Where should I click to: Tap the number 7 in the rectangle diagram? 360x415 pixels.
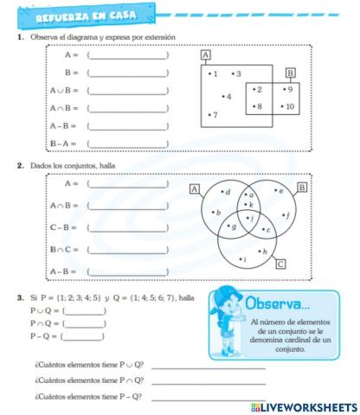215,115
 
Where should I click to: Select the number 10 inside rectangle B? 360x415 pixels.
290,106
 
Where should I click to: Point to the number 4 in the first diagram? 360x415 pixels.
228,96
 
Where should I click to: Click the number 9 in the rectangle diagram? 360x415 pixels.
290,88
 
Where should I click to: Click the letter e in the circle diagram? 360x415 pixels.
279,189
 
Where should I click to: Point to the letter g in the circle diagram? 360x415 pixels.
231,226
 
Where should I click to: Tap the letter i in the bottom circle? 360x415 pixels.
245,258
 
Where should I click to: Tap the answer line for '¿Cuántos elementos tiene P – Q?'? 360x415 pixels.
208,397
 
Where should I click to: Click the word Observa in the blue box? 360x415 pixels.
275,304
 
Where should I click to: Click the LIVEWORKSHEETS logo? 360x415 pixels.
302,405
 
